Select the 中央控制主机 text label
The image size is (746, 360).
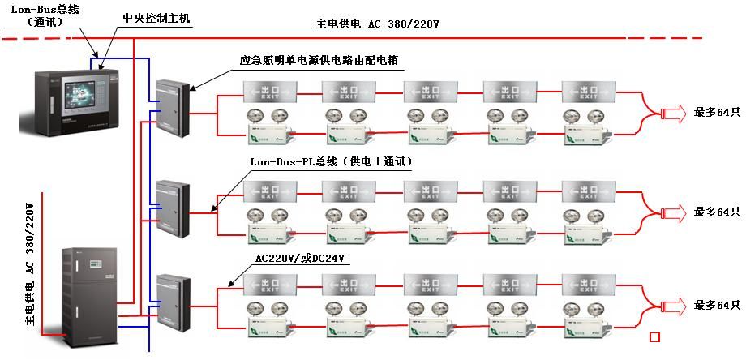coord(156,18)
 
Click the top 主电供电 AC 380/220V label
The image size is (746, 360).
coord(377,24)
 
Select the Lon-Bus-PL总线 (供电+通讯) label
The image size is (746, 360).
coord(331,162)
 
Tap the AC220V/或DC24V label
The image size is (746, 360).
coord(300,259)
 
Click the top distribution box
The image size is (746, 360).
coord(172,108)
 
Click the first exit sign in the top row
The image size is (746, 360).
coord(269,92)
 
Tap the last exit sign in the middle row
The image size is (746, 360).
coord(590,193)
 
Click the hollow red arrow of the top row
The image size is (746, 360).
coord(674,113)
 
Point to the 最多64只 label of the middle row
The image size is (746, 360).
coord(717,212)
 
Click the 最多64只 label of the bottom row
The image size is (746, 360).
coord(717,305)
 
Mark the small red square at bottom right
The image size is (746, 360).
coord(655,336)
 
